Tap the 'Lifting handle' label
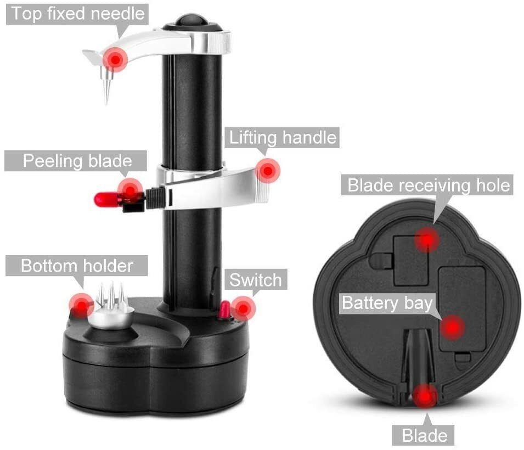(282, 137)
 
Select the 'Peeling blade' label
(76, 161)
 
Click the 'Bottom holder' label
(77, 266)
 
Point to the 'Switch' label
(255, 280)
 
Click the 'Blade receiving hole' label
(429, 185)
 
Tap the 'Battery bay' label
(387, 303)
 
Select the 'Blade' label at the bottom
(424, 436)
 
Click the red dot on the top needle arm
(115, 59)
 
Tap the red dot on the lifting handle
(267, 171)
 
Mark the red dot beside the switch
(243, 309)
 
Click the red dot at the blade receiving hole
(426, 239)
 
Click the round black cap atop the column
(192, 20)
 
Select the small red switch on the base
(224, 312)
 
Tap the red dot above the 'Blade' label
(425, 396)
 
